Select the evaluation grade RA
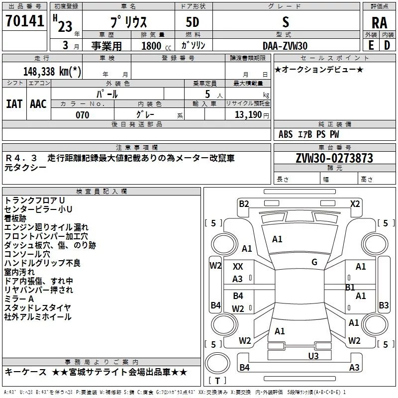pos(379,22)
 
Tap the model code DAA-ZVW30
pos(285,45)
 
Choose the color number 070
pos(82,115)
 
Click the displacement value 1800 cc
pos(151,46)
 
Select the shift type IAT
pos(14,104)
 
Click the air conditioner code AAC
pos(38,104)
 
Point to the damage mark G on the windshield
pos(314,262)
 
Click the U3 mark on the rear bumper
pos(313,355)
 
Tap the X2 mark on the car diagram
pos(355,203)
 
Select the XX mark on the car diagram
pos(238,267)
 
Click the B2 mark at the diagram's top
pos(244,203)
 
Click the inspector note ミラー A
pos(19,298)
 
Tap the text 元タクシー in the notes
pos(25,168)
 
